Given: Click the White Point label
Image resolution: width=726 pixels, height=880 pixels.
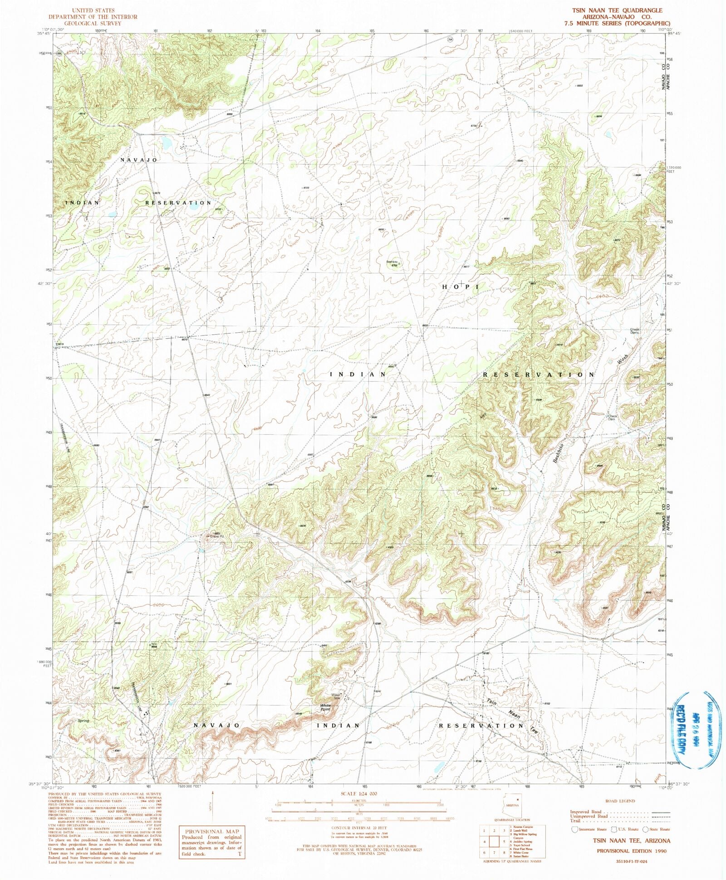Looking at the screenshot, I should click(x=325, y=708).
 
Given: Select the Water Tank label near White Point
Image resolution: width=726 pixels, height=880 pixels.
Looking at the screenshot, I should click(x=335, y=696).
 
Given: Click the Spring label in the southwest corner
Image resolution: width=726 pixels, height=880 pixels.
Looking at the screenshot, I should click(x=83, y=721).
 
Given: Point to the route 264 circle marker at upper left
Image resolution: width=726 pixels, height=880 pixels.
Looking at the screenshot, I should click(x=59, y=53).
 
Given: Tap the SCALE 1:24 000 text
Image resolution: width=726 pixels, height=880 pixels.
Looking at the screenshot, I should click(x=358, y=794).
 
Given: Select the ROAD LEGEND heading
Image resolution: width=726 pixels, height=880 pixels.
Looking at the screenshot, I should click(x=620, y=801).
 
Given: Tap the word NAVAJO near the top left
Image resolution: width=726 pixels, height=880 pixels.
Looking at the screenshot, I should click(x=139, y=160).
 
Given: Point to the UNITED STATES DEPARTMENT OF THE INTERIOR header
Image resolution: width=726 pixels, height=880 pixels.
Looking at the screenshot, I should click(x=93, y=17).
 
